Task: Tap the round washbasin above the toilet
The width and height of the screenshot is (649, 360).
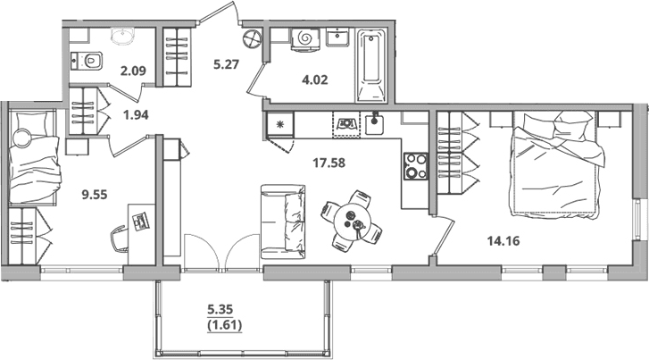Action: [x=123, y=35]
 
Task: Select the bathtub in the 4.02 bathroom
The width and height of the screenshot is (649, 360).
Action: [x=371, y=65]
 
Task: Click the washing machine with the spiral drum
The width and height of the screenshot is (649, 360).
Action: [x=305, y=39]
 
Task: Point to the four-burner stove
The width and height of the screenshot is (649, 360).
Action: [x=416, y=166]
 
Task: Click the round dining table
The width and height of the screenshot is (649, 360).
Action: [x=351, y=221]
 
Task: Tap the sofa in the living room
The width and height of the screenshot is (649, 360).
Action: [x=283, y=222]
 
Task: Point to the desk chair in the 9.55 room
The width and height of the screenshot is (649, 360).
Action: [x=120, y=239]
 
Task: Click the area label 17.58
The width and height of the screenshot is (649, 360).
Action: [x=329, y=163]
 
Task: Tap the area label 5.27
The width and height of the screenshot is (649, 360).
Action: [x=227, y=64]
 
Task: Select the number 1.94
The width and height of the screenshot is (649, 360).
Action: [x=137, y=114]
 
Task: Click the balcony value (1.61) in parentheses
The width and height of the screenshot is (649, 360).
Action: [x=224, y=325]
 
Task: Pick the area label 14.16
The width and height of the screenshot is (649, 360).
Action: [x=503, y=240]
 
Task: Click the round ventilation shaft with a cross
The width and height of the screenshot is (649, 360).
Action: [x=253, y=39]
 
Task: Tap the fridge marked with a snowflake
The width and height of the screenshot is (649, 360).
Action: [x=280, y=123]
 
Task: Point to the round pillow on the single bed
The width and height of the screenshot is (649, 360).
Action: [x=21, y=138]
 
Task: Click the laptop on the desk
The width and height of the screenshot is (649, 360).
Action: [x=141, y=221]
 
